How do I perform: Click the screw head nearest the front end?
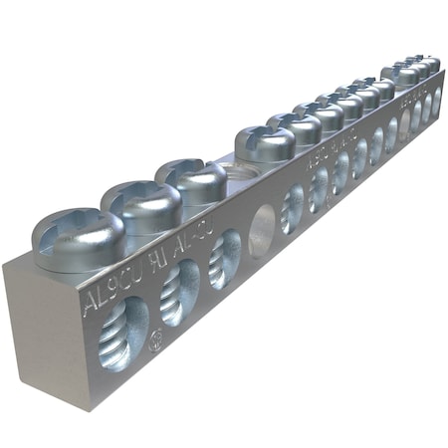(78, 239)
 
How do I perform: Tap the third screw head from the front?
(191, 180)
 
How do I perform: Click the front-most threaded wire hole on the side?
(124, 333)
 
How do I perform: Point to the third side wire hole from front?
(225, 259)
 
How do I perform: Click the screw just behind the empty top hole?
(265, 144)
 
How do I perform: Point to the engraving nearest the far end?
(413, 100)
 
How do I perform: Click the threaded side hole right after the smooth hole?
(293, 208)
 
